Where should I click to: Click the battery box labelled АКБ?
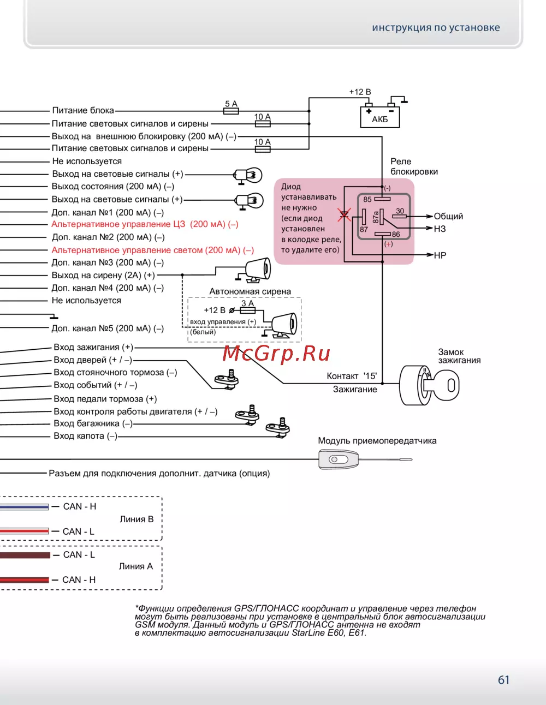click(379, 117)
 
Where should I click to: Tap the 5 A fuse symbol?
click(232, 111)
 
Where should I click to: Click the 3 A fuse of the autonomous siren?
click(247, 310)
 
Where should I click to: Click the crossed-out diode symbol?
click(344, 214)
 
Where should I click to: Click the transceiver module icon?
click(339, 459)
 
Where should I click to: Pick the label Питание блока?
click(83, 110)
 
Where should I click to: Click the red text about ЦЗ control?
click(145, 224)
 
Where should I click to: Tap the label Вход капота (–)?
click(85, 436)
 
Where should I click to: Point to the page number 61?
click(503, 680)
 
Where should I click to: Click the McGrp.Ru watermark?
click(276, 354)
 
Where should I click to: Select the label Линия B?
click(136, 519)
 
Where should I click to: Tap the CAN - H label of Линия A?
click(79, 580)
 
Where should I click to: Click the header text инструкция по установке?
click(436, 28)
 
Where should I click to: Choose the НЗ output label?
click(440, 229)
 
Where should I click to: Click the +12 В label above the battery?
click(360, 92)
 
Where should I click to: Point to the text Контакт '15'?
click(352, 376)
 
